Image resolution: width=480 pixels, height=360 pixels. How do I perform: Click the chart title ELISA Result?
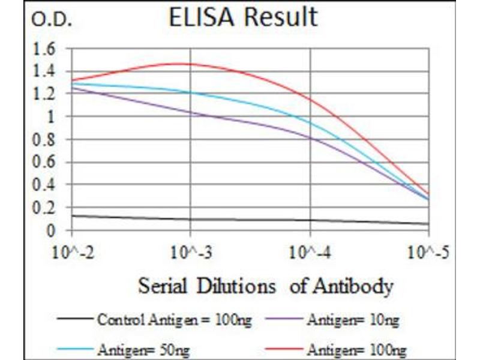coord(243,17)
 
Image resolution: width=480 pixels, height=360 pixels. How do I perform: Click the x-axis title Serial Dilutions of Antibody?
coord(265,286)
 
